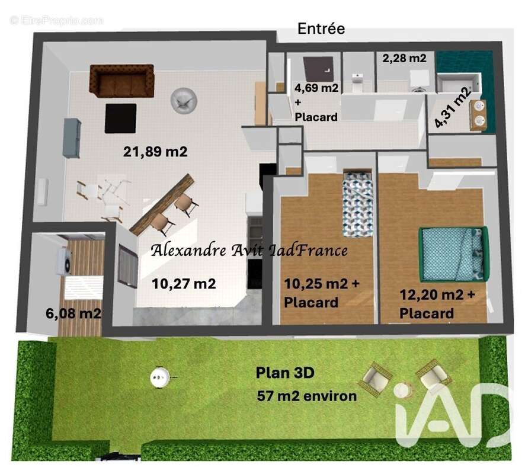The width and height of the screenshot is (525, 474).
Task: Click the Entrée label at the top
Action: click(321, 28)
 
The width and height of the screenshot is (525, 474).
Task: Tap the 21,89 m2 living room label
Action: click(155, 152)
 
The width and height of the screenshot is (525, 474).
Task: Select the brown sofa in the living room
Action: click(121, 80)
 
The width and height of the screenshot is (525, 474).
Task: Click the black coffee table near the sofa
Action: click(121, 118)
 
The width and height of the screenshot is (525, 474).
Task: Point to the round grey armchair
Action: click(182, 99)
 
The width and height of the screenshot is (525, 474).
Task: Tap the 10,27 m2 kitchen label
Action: click(184, 284)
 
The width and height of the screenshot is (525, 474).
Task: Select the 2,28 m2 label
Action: click(404, 59)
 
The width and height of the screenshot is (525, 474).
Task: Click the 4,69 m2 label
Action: click(316, 88)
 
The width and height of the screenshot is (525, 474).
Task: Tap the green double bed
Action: click(453, 254)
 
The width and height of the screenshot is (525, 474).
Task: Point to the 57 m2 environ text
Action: click(307, 396)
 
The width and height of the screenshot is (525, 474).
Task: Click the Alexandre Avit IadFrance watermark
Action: click(249, 250)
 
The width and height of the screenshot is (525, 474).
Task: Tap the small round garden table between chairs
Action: click(403, 390)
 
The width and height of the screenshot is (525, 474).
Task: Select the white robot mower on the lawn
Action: click(161, 375)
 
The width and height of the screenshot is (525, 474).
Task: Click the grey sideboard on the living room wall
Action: click(72, 137)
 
